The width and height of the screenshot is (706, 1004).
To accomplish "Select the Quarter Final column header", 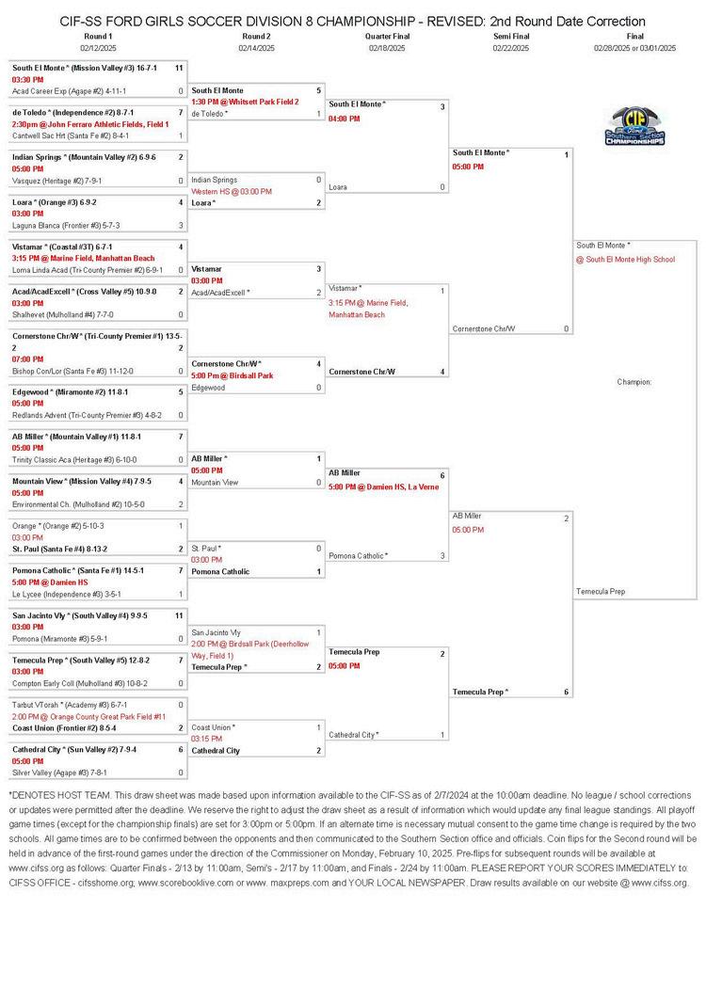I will coord(387,36).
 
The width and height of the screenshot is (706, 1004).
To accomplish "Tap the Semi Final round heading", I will coord(511,36).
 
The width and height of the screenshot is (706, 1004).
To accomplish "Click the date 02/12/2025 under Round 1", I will coord(97,47).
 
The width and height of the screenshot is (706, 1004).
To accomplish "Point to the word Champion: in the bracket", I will coord(634,382).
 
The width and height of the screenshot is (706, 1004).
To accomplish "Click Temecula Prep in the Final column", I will coord(601,592).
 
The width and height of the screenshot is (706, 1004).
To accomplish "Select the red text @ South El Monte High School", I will coord(626,259).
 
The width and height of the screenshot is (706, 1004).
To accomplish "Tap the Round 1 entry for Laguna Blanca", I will coord(66,225).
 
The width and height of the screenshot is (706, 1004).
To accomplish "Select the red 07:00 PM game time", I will coord(28,359).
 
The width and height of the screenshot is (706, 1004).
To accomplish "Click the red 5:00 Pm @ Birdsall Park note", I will coord(233,375).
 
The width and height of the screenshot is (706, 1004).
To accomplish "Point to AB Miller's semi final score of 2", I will coord(566,518).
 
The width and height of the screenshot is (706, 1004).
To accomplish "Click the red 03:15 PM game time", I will coord(206,739).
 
